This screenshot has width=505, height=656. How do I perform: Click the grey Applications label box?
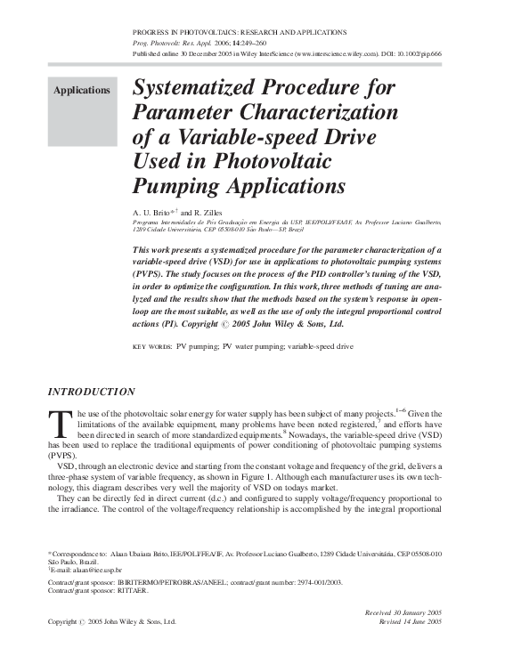click(82, 91)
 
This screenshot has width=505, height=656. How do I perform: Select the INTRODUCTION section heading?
click(90, 392)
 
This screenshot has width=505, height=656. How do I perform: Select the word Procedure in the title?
click(314, 89)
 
